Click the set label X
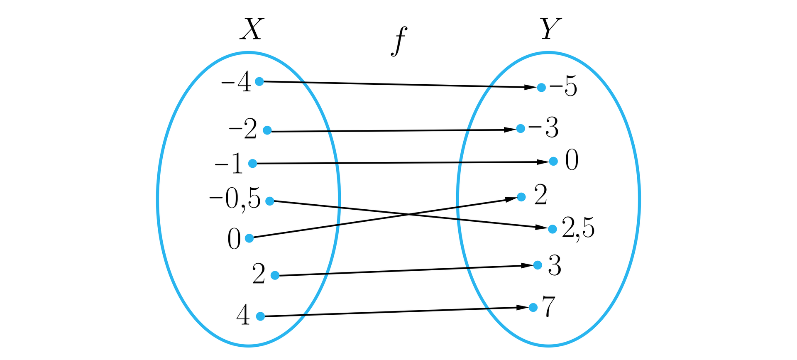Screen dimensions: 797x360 (x=252, y=29)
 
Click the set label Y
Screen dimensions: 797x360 (x=551, y=29)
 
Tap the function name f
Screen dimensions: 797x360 (x=399, y=41)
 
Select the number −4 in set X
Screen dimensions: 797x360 (x=236, y=81)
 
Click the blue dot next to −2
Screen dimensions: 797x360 (x=267, y=130)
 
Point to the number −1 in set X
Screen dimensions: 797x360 (x=229, y=163)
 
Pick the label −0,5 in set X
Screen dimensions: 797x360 (x=235, y=198)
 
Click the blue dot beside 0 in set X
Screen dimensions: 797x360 (x=249, y=238)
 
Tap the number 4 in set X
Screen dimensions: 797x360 (x=243, y=315)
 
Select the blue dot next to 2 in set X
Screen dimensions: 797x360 (x=275, y=275)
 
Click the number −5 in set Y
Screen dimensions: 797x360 (x=563, y=87)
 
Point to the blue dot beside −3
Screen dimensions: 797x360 (x=521, y=128)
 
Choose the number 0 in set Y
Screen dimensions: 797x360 (x=572, y=160)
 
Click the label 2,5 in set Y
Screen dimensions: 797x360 (x=578, y=228)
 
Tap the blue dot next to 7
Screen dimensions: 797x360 (x=533, y=307)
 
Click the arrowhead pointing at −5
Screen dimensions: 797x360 (x=531, y=87)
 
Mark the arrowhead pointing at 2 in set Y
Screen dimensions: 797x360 (x=511, y=199)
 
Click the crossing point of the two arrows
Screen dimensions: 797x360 (x=409, y=214)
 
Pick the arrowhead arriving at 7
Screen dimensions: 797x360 (x=523, y=308)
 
